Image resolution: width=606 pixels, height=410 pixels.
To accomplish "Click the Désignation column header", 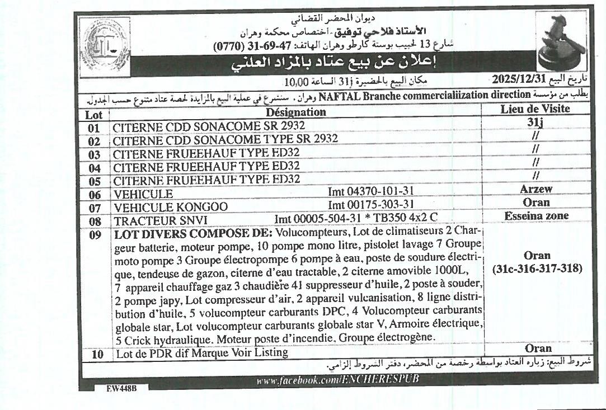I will click(295, 112).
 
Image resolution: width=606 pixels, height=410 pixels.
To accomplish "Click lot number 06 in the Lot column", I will click(94, 194).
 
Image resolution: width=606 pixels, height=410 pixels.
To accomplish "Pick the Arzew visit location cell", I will click(535, 190).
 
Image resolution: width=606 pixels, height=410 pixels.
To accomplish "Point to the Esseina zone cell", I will click(536, 216).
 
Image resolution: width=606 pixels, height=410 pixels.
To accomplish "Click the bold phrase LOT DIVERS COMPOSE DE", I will click(194, 233).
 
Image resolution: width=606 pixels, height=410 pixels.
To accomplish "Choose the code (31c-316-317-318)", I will click(537, 269).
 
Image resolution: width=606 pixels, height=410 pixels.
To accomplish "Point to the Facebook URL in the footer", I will click(337, 380).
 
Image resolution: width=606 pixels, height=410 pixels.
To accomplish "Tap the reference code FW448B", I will click(122, 388).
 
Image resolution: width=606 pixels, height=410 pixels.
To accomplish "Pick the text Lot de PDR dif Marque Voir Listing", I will click(202, 354).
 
